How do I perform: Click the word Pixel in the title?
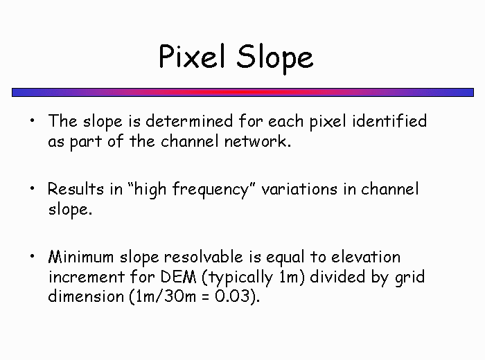pyautogui.click(x=192, y=56)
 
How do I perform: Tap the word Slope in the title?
pyautogui.click(x=275, y=59)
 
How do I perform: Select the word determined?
pyautogui.click(x=189, y=120)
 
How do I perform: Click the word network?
pyautogui.click(x=257, y=141)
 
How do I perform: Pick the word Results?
pyautogui.click(x=76, y=189)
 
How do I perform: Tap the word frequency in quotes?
pyautogui.click(x=210, y=190)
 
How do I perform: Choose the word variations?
pyautogui.click(x=299, y=189)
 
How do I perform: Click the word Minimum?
pyautogui.click(x=81, y=257)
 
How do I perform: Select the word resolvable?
pyautogui.click(x=203, y=257)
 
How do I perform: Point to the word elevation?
pyautogui.click(x=366, y=257)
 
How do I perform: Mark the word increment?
pyautogui.click(x=87, y=277)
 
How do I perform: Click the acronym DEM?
pyautogui.click(x=179, y=276)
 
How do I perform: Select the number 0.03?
pyautogui.click(x=232, y=296)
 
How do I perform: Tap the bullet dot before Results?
pyautogui.click(x=33, y=188)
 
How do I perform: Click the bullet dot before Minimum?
pyautogui.click(x=33, y=256)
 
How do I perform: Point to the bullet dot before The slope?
pyautogui.click(x=33, y=120)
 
